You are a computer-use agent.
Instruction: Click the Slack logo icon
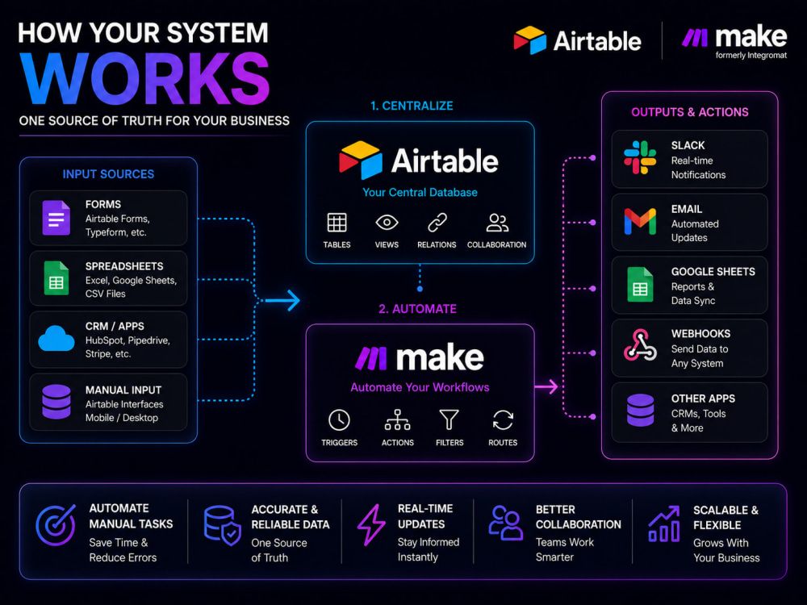point(640,157)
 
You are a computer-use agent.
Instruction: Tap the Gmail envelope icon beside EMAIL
point(640,221)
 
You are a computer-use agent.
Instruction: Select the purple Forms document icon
point(56,218)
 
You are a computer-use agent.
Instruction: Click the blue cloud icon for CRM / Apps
point(56,339)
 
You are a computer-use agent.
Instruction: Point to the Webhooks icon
point(640,344)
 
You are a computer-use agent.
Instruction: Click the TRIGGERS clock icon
point(339,420)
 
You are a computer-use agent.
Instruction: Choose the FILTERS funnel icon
point(449,419)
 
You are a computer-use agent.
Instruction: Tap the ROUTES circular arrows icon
point(503,419)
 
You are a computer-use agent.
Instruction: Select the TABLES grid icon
point(337,223)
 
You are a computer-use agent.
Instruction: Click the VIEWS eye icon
point(387,223)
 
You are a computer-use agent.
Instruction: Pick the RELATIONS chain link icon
point(437,223)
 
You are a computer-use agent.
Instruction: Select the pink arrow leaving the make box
point(546,386)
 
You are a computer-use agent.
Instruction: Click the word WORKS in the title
point(145,78)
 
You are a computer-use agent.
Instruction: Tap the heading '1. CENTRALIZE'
point(412,106)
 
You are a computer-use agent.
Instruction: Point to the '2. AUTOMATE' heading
point(417,309)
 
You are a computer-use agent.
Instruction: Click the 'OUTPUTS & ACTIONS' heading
point(690,112)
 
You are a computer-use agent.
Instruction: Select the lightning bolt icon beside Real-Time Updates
point(371,525)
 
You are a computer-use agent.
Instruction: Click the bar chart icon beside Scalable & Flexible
point(664,524)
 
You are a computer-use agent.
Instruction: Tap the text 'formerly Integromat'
point(751,55)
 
